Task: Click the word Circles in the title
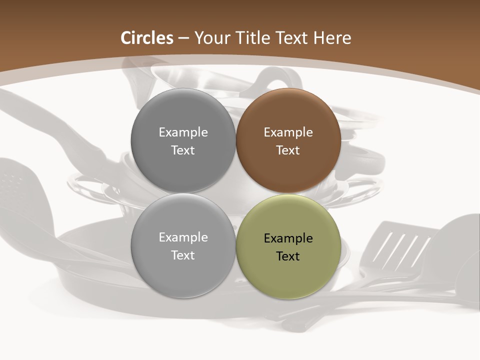[x=146, y=38]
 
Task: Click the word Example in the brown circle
[x=288, y=132]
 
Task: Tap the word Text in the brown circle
[x=288, y=150]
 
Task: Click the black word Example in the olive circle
[x=288, y=238]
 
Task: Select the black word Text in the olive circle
[x=288, y=256]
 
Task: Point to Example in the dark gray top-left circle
[x=183, y=132]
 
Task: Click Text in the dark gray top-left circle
[x=183, y=150]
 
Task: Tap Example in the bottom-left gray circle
[x=183, y=237]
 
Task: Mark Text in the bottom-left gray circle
[x=183, y=255]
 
